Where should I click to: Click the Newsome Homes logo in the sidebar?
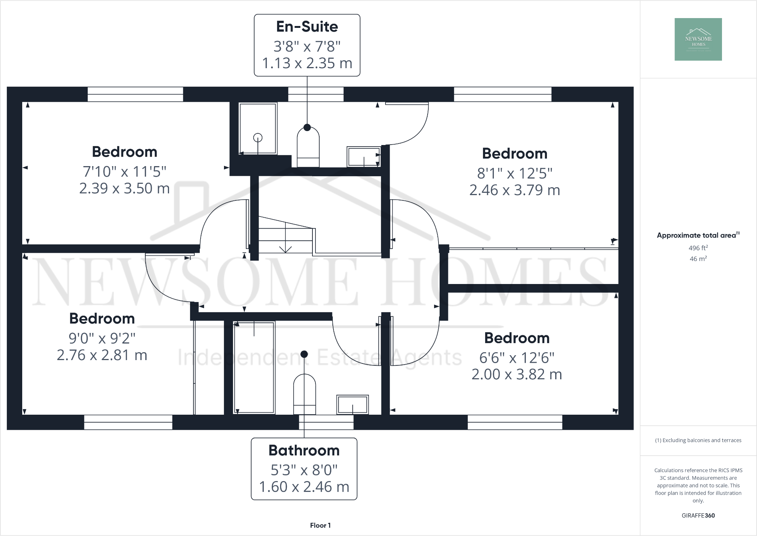coord(698,39)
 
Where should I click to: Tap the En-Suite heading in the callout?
coord(307,26)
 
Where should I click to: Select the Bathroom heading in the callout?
coord(304,450)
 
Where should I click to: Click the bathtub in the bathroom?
coord(254,367)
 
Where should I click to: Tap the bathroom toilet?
coord(304,394)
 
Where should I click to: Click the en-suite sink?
coord(364,157)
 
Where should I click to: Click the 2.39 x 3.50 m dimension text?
coord(124,188)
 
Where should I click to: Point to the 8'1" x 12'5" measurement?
coord(515,173)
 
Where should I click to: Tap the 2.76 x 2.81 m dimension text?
coord(102,355)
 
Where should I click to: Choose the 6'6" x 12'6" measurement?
coord(516,357)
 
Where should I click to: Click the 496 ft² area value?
coord(698,248)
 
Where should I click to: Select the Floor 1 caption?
coord(320,525)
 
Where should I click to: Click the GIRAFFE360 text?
coord(698,515)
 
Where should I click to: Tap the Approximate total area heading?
coord(696,235)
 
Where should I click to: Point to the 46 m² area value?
coord(698,259)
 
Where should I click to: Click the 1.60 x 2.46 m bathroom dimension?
coord(304,487)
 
